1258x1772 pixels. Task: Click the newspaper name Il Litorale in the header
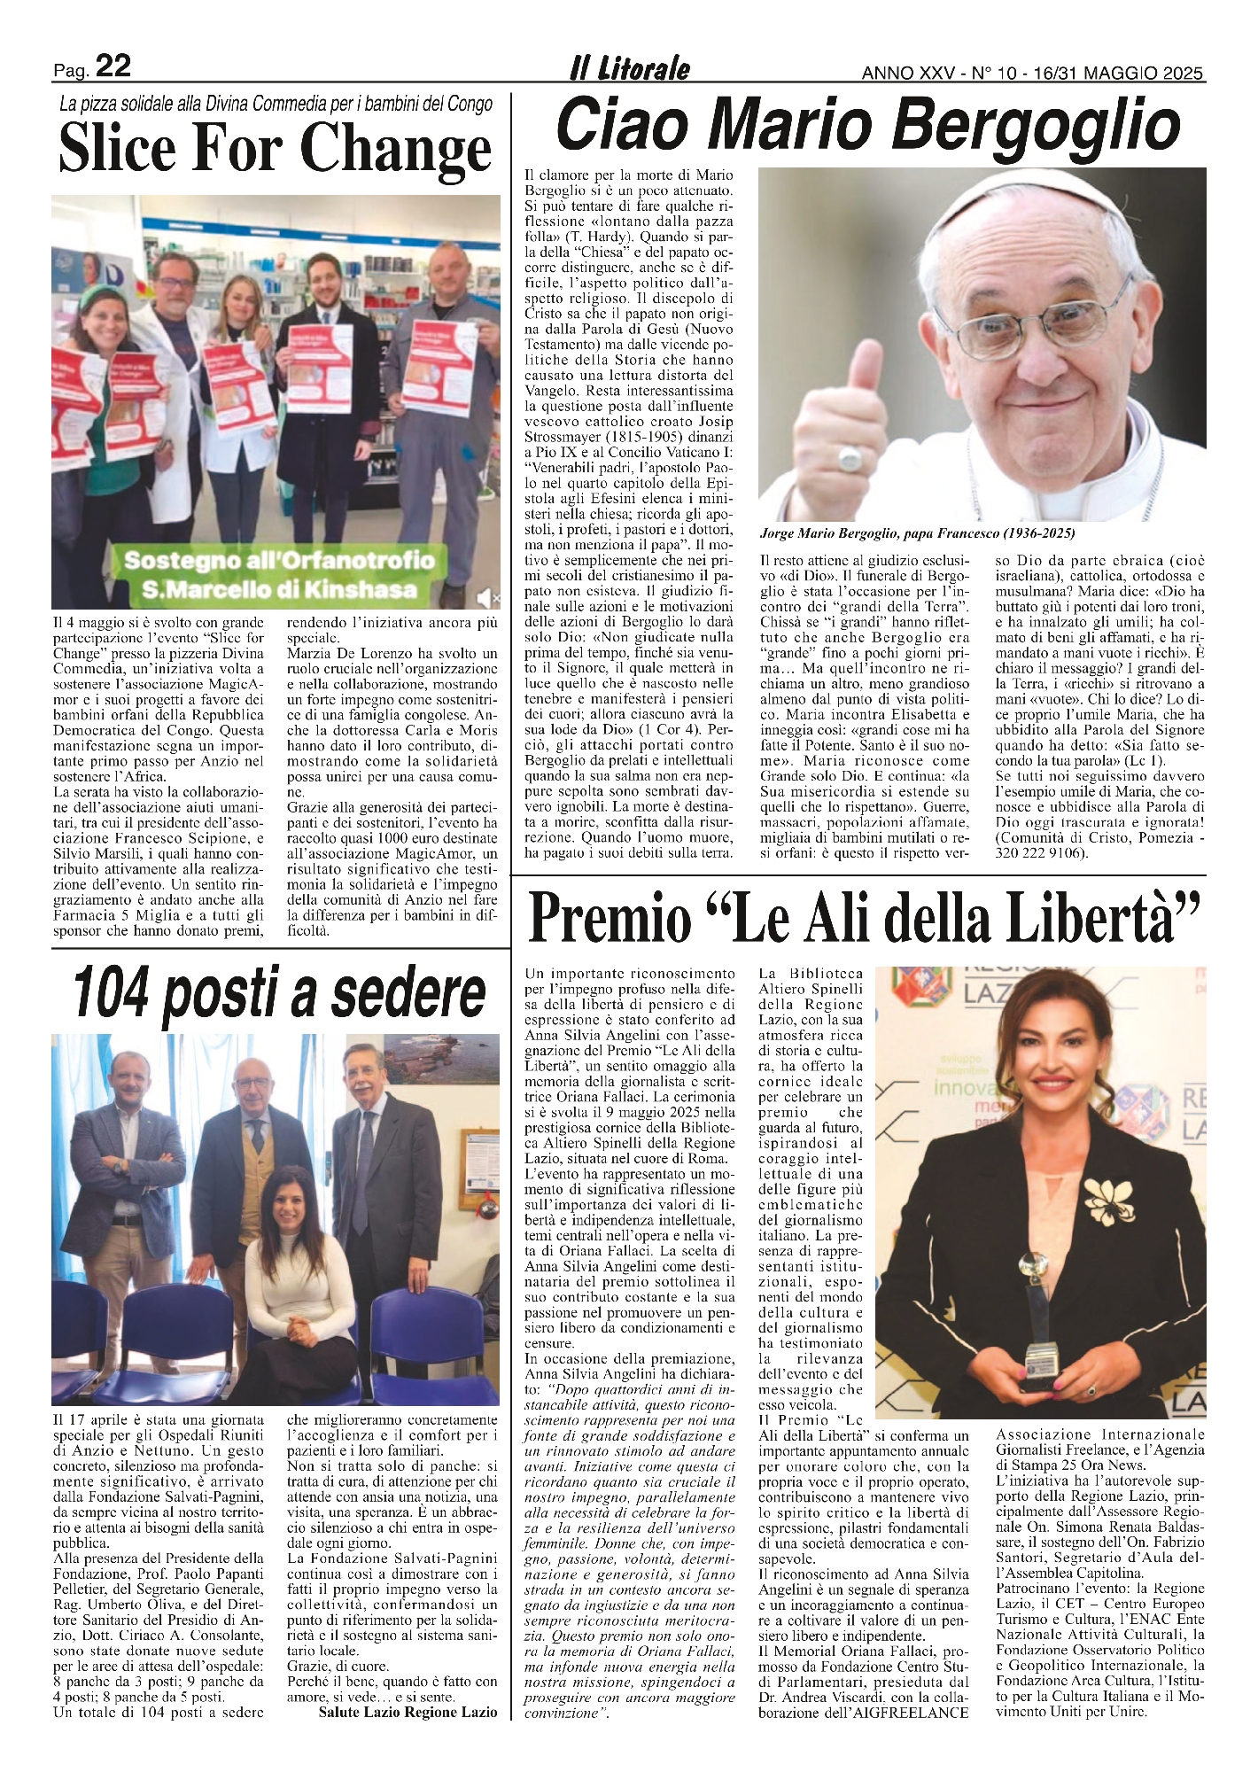point(630,69)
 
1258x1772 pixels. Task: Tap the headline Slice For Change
point(275,150)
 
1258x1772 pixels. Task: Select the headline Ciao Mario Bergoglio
point(868,125)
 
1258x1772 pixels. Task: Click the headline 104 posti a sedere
point(279,992)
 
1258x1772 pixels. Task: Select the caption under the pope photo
point(917,533)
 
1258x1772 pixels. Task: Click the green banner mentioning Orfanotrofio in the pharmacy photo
point(280,575)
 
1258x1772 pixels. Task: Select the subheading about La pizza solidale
point(276,104)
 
